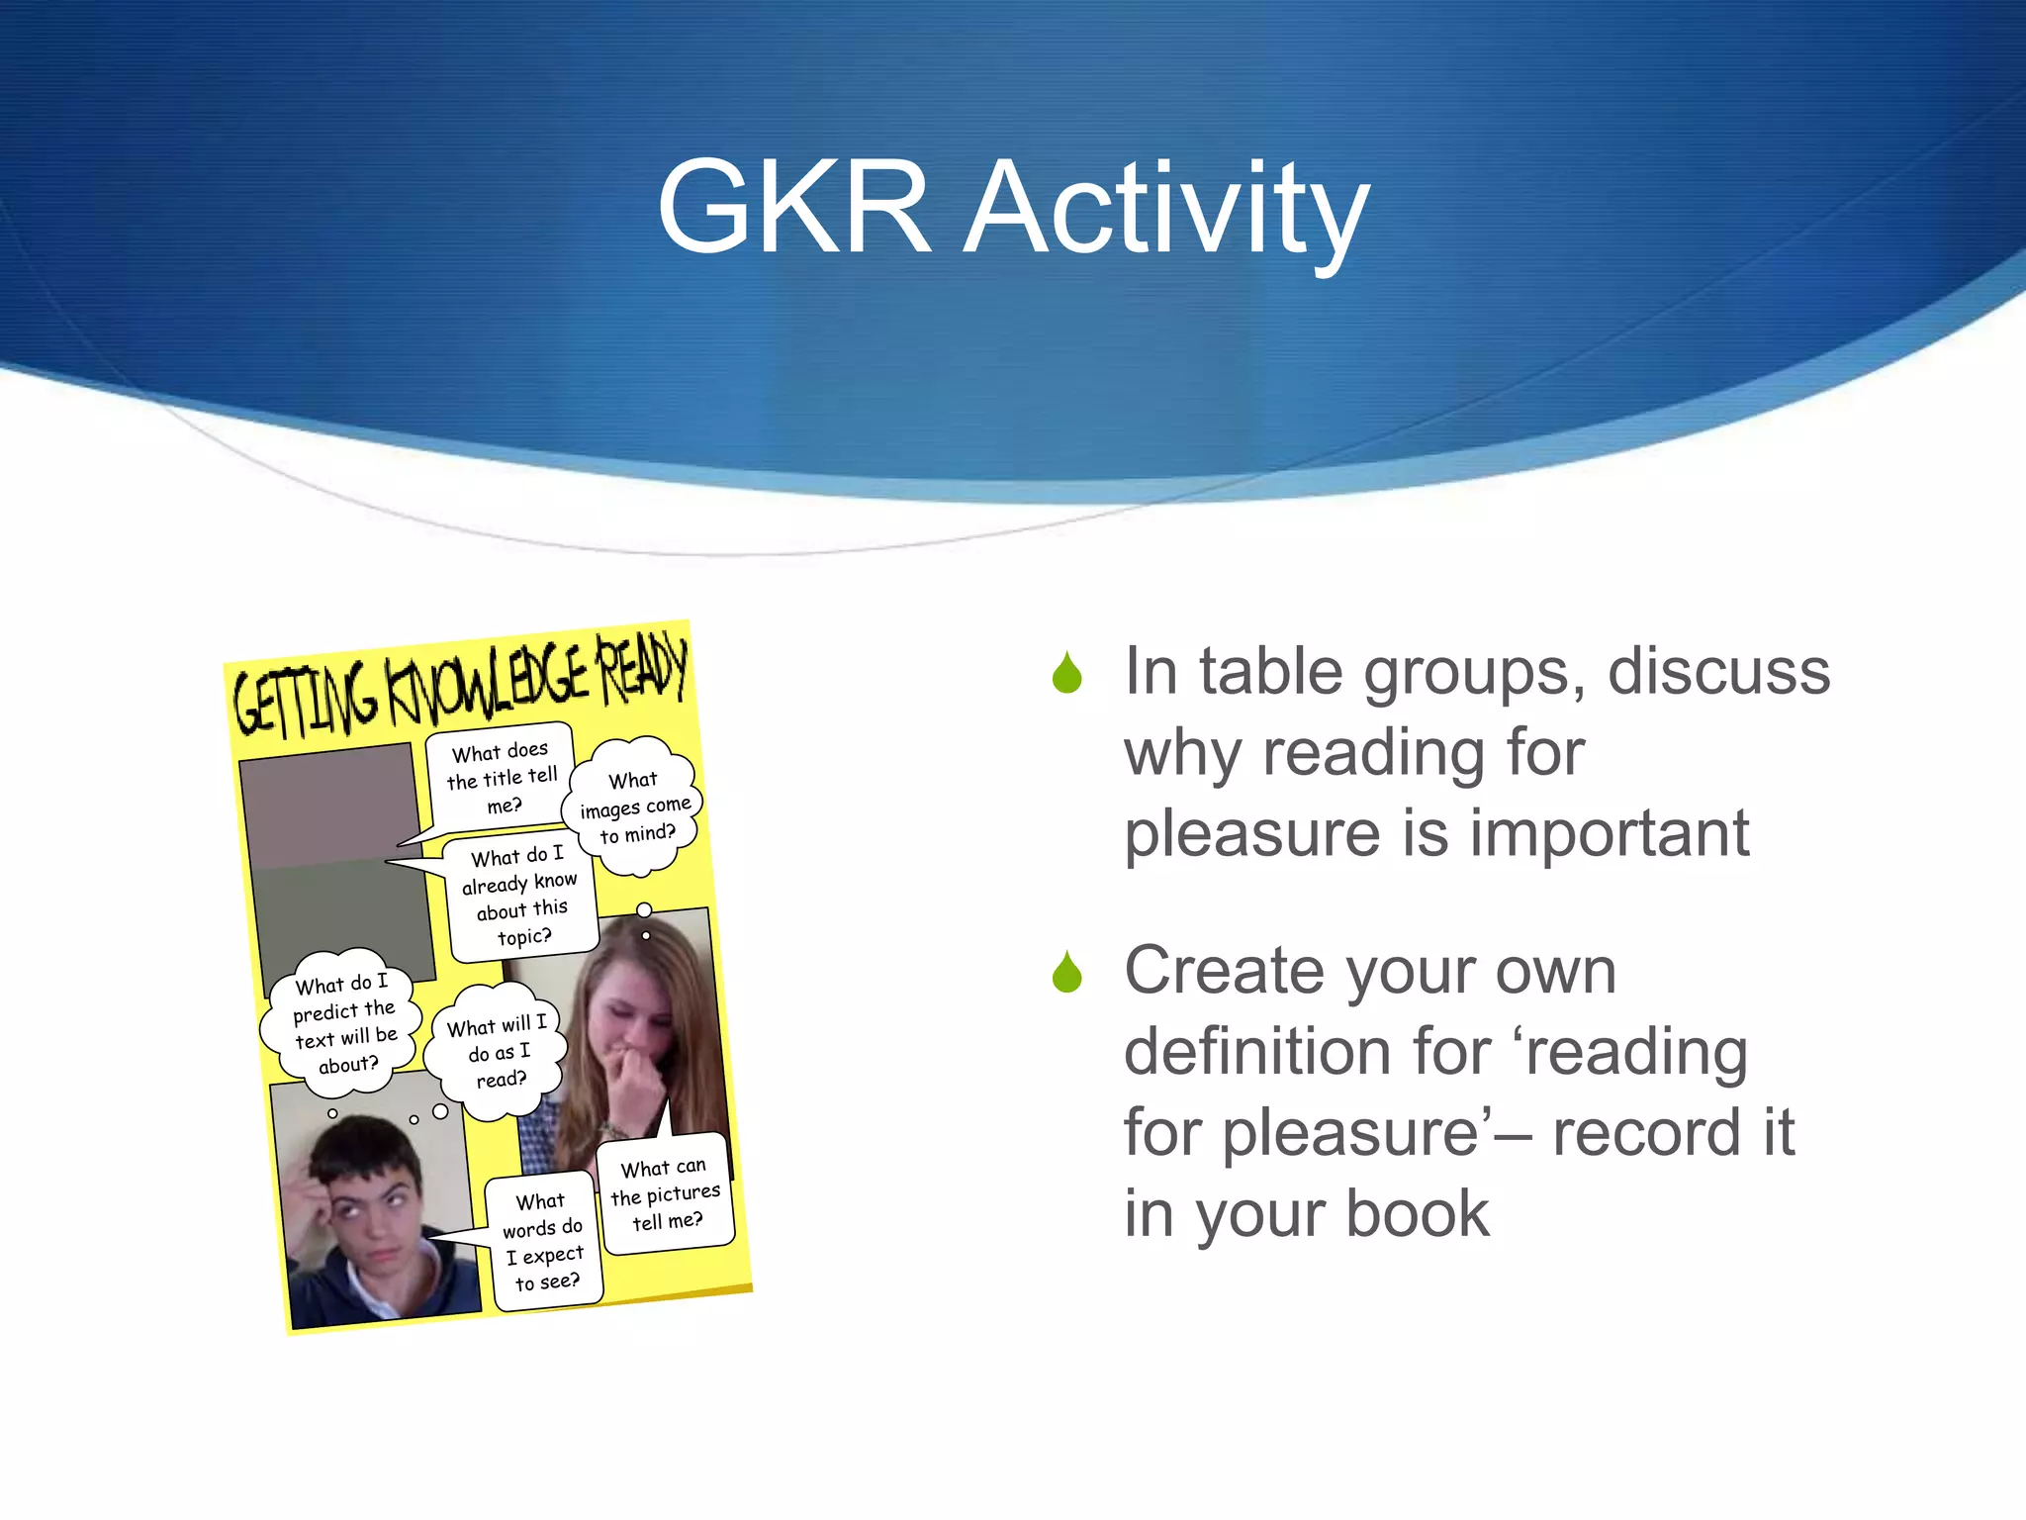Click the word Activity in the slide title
[x=1167, y=210]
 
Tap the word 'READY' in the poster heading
[x=642, y=667]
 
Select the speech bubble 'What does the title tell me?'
[x=502, y=778]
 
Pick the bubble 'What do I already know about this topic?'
[x=521, y=897]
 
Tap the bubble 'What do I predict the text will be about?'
[x=342, y=1023]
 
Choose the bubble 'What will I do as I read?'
[x=498, y=1051]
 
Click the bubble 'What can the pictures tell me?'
[x=666, y=1193]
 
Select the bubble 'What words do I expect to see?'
[x=543, y=1242]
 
